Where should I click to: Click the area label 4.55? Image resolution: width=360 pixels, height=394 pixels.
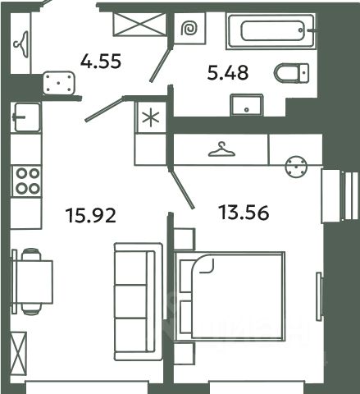point(101,61)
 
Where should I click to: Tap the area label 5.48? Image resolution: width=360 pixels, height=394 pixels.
point(228,72)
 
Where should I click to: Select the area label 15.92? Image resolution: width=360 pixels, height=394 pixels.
point(91,215)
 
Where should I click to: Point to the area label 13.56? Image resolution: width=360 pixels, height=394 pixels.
point(244,213)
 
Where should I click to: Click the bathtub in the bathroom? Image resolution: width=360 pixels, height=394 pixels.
point(271,31)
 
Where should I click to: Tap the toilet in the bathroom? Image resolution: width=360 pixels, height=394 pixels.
point(292,73)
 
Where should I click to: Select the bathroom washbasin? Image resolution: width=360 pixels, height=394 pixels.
point(247,105)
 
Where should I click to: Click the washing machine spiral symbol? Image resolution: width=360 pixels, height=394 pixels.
point(189,29)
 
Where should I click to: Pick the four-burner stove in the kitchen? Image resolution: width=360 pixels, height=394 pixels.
point(26,181)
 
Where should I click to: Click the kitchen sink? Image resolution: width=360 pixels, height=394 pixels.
point(26,117)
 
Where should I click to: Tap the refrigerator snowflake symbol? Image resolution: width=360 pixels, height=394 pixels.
point(151,117)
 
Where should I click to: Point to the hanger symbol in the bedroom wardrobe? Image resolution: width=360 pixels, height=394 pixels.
point(221,149)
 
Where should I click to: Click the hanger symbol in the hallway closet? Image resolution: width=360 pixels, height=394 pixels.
point(21,44)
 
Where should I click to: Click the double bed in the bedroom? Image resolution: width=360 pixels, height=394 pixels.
point(230,296)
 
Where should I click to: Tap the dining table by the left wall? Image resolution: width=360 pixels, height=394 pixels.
point(32,282)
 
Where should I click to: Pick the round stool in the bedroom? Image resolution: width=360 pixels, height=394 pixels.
point(296,167)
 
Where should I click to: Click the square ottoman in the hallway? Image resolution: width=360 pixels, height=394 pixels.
point(59,83)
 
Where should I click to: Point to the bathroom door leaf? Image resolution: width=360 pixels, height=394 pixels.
point(161,63)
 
